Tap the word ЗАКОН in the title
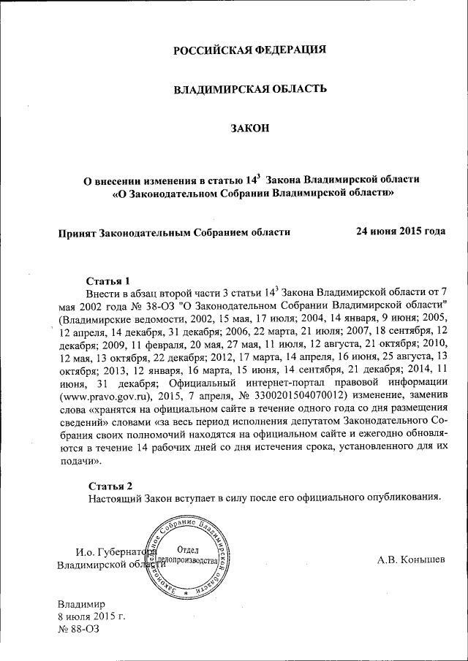250,129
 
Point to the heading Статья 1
108,280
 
